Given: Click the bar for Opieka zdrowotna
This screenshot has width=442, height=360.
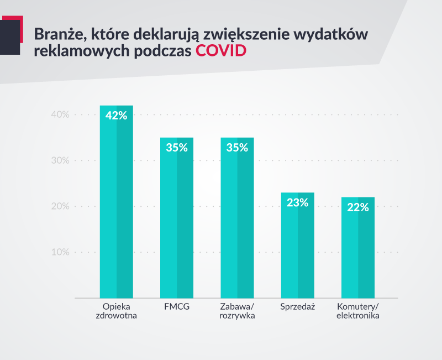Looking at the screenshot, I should click(x=116, y=210).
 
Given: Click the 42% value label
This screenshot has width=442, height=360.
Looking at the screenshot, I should click(x=116, y=116).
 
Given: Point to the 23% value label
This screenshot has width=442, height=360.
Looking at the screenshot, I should click(x=297, y=202).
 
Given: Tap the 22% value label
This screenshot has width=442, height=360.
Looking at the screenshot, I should click(x=357, y=207).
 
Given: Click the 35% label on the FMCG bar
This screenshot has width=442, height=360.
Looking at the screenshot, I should click(x=177, y=148).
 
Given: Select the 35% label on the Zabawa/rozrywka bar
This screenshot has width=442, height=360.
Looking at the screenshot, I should click(x=237, y=148).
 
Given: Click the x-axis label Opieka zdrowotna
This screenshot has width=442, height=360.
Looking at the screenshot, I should click(x=116, y=311).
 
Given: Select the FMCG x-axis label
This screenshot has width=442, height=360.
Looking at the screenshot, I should click(x=177, y=306).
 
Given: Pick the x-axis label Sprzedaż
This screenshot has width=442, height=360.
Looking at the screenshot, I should click(x=297, y=306).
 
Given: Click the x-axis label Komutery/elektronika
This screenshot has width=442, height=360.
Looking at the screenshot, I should click(x=357, y=311).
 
